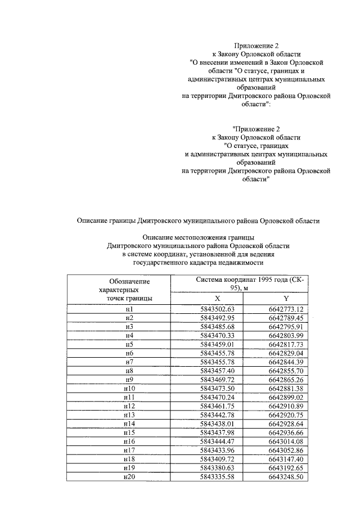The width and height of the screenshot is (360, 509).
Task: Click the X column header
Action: click(217, 298)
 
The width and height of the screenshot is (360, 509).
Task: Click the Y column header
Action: click(286, 298)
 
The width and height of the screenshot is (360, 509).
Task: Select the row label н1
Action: click(129, 309)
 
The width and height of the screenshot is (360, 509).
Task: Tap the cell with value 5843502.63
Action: click(217, 309)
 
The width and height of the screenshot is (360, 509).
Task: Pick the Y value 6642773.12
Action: click(286, 309)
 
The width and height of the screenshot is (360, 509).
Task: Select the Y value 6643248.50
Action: click(286, 478)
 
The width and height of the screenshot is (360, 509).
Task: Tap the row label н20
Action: click(129, 478)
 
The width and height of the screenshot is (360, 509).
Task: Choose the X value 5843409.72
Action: click(217, 461)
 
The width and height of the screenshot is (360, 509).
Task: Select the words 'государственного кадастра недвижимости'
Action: click(197, 262)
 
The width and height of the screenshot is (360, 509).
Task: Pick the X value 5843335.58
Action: click(217, 478)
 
